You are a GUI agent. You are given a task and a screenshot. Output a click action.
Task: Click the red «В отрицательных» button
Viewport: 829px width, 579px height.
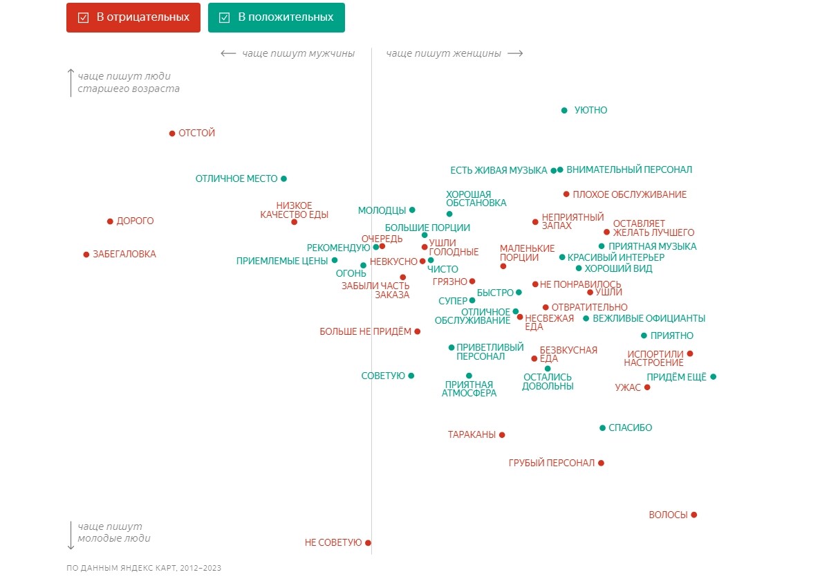(x=133, y=17)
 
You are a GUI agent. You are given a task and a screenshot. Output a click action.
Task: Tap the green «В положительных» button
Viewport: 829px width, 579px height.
(x=277, y=17)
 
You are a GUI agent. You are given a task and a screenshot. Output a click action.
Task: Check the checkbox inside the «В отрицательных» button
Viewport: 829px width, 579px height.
(x=84, y=18)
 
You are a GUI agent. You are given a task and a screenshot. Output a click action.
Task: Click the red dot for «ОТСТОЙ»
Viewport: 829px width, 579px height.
(x=172, y=134)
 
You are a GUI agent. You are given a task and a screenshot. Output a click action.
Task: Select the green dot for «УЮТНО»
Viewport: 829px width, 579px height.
(x=564, y=111)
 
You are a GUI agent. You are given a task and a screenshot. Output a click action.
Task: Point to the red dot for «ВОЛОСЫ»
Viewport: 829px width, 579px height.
(x=694, y=515)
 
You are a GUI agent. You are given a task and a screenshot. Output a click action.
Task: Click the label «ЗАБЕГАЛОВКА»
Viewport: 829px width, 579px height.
(x=124, y=255)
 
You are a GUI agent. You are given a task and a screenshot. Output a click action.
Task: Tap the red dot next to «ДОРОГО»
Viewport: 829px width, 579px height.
(x=110, y=221)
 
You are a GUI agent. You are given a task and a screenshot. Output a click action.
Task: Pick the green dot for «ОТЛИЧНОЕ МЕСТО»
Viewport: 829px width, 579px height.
(x=283, y=178)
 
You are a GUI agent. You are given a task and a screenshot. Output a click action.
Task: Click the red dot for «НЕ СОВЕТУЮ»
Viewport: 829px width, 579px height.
(x=368, y=543)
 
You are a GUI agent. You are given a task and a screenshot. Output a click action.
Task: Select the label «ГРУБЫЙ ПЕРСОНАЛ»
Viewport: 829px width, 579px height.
(x=551, y=463)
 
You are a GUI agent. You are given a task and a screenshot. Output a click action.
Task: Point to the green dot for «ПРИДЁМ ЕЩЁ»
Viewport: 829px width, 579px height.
(x=713, y=377)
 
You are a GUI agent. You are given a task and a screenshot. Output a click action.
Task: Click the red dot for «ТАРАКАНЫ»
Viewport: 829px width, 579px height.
(x=502, y=435)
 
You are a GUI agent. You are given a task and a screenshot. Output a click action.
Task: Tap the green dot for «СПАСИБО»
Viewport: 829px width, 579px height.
(x=602, y=428)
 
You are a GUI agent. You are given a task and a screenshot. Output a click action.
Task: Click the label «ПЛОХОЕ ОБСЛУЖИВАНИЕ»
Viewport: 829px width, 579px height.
(x=629, y=194)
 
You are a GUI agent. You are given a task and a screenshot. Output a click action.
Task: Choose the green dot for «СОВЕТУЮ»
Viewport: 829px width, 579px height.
(x=411, y=376)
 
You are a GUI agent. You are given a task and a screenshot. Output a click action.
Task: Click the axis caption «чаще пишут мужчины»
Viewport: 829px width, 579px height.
(x=298, y=53)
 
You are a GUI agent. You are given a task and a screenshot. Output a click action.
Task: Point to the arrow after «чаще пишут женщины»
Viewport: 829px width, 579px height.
(x=515, y=53)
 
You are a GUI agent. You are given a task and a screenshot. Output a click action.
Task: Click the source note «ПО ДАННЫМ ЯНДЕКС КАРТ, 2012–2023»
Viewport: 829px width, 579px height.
(x=144, y=568)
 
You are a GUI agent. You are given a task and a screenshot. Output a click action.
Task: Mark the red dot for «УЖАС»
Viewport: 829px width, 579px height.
(x=647, y=387)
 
